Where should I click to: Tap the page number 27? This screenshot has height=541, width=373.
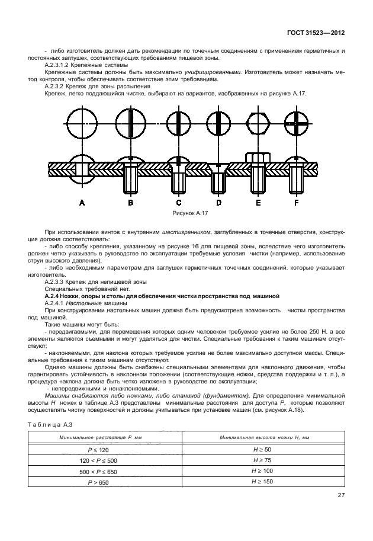[x=341, y=495]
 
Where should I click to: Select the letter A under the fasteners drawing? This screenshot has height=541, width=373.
[x=82, y=203]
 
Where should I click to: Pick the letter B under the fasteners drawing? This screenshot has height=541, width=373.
[x=130, y=203]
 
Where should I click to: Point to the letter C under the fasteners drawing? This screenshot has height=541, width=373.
[x=178, y=203]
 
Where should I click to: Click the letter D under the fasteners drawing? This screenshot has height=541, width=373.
[x=218, y=203]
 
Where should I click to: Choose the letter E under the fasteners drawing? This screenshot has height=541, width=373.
[x=258, y=203]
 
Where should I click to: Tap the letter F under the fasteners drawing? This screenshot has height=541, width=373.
[x=297, y=203]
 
